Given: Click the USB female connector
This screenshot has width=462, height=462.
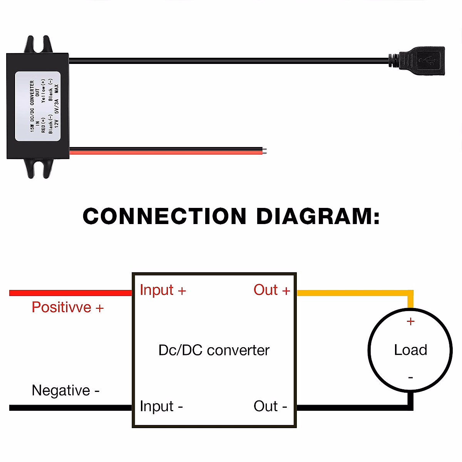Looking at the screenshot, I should pyautogui.click(x=422, y=61).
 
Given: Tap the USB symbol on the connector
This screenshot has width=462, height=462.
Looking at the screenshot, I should pyautogui.click(x=428, y=60).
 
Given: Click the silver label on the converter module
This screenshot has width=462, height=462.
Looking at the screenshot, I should pyautogui.click(x=38, y=106).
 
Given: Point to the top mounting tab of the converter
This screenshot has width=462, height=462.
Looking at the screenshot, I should pyautogui.click(x=38, y=45).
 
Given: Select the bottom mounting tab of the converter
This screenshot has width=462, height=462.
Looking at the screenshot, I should pyautogui.click(x=38, y=169).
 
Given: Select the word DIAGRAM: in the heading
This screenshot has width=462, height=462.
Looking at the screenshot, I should pyautogui.click(x=318, y=216).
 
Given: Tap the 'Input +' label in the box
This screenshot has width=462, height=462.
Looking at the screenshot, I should pyautogui.click(x=163, y=290).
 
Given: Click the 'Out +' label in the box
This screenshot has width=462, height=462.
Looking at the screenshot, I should pyautogui.click(x=271, y=290).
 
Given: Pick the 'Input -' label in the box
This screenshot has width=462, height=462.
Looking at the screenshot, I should pyautogui.click(x=161, y=406).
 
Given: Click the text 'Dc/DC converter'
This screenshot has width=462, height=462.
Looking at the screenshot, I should pyautogui.click(x=214, y=350).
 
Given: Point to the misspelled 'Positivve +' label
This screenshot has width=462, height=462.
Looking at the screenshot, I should pyautogui.click(x=67, y=307).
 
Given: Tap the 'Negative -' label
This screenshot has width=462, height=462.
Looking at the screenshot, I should pyautogui.click(x=65, y=390).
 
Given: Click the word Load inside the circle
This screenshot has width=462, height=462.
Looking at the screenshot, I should pyautogui.click(x=410, y=350).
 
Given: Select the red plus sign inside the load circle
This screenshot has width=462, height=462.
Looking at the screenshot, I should pyautogui.click(x=410, y=321).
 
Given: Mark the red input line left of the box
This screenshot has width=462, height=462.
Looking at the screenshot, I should pyautogui.click(x=69, y=293).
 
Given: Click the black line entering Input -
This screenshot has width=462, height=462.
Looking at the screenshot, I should pyautogui.click(x=69, y=407).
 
